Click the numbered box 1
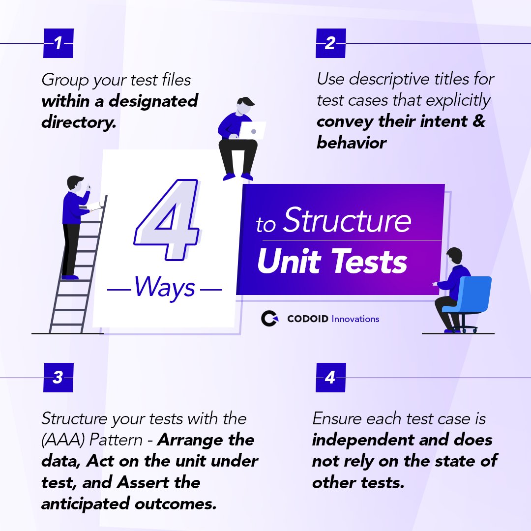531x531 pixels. [x=58, y=44]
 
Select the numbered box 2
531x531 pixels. [x=330, y=44]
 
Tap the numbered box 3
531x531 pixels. [x=58, y=378]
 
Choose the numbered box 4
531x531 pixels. [x=330, y=378]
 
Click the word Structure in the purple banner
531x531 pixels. [x=347, y=221]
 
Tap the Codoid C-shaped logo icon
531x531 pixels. [x=269, y=319]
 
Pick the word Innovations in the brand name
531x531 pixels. [x=355, y=319]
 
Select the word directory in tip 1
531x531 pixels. [x=79, y=122]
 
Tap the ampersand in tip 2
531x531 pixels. [x=478, y=121]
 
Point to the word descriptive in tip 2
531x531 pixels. [x=392, y=79]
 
